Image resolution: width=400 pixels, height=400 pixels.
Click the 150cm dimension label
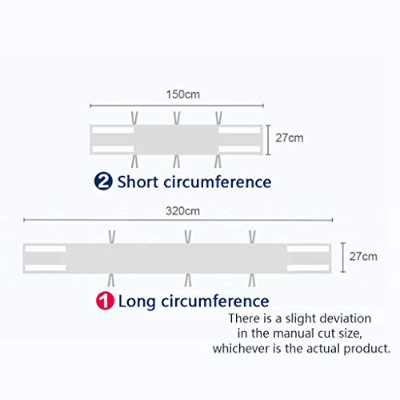[x=183, y=94]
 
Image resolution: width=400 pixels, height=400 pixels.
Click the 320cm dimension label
[x=182, y=211]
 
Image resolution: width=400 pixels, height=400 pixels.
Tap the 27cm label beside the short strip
[x=290, y=138]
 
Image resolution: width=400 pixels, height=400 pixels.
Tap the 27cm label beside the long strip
[x=363, y=256]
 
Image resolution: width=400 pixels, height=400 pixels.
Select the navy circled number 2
[x=103, y=182]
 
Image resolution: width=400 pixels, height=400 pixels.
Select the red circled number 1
[x=105, y=301]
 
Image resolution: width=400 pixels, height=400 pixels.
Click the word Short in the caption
[x=138, y=182]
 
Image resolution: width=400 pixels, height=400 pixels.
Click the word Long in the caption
[x=137, y=302]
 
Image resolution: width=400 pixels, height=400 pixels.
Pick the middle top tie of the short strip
[x=177, y=118]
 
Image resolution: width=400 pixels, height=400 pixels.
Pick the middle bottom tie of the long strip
[x=188, y=280]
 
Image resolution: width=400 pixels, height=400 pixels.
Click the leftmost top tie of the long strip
[x=112, y=237]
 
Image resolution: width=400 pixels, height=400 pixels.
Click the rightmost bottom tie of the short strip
[x=218, y=162]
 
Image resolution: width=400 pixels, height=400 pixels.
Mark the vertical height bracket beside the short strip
[x=269, y=140]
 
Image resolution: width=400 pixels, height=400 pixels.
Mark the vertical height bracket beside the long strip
[x=343, y=258]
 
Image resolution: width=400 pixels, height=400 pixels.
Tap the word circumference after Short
[x=218, y=182]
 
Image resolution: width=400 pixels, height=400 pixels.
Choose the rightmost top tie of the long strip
[x=252, y=237]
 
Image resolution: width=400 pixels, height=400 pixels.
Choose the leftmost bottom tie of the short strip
[x=135, y=162]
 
